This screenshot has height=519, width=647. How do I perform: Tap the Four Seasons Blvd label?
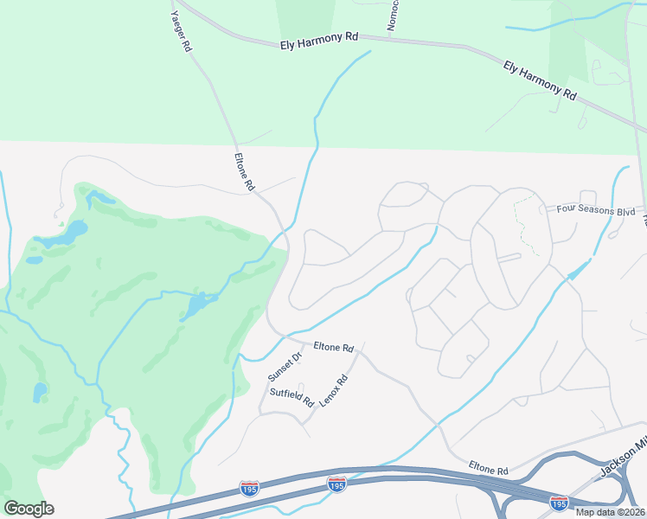(x=595, y=210)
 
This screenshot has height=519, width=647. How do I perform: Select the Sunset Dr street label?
(x=285, y=368)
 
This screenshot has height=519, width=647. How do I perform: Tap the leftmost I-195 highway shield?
(x=249, y=489)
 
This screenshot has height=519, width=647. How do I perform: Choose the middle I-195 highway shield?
(x=337, y=484)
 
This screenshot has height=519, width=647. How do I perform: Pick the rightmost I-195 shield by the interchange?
(x=560, y=502)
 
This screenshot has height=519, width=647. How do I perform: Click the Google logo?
(x=29, y=508)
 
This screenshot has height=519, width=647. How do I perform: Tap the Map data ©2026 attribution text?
(x=609, y=512)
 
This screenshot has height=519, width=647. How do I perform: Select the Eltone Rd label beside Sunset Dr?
(x=334, y=348)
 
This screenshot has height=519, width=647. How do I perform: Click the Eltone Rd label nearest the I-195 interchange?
(x=490, y=469)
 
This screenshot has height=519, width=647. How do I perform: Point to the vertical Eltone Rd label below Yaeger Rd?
(x=245, y=172)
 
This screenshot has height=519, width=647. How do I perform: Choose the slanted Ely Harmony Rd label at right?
(x=540, y=80)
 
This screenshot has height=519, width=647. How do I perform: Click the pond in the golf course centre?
(x=197, y=304)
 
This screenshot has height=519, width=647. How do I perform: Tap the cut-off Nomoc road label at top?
(x=392, y=16)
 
